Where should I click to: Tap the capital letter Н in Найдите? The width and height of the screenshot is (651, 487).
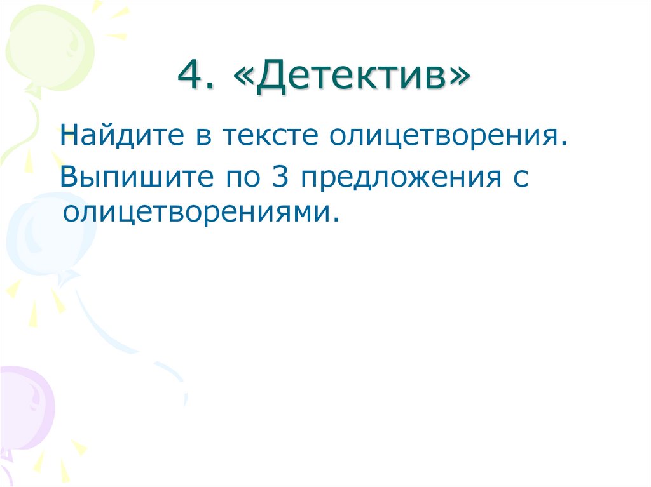pyautogui.click(x=69, y=135)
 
